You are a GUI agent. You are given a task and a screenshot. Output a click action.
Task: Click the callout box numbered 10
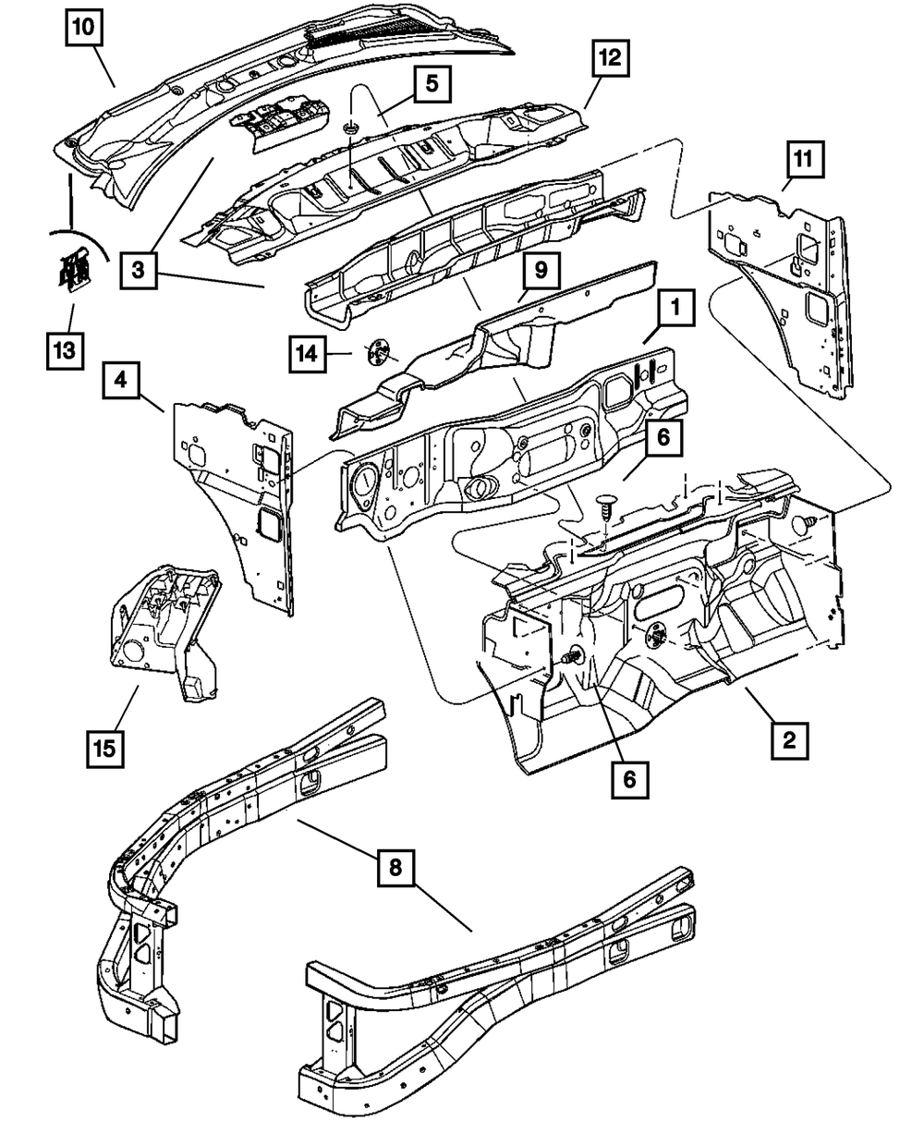84,28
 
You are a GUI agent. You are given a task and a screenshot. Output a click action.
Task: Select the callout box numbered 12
611,57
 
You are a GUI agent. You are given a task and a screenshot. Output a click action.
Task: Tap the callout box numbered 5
432,84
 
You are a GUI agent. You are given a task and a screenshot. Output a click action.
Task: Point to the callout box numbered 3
138,270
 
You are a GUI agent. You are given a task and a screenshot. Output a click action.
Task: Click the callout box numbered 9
541,270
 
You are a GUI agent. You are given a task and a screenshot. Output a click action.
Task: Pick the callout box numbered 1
675,308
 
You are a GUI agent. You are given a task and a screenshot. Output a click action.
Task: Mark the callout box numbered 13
65,351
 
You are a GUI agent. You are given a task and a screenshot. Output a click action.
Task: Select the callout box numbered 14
308,354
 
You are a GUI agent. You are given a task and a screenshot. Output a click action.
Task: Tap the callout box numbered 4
121,381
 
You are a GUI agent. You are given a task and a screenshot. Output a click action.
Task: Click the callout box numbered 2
789,741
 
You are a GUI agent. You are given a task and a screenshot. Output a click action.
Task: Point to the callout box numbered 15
104,749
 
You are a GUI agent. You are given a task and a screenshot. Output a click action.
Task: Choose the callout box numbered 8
395,867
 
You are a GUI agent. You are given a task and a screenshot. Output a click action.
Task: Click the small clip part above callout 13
74,270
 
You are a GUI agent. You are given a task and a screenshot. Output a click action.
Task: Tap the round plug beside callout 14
379,351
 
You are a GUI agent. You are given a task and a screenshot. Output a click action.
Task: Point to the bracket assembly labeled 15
164,632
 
